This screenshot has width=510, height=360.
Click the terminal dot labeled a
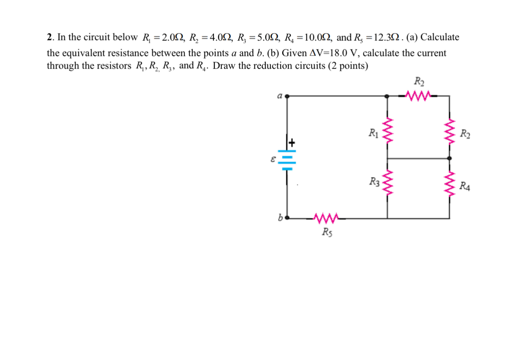(287, 96)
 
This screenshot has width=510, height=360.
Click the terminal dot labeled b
(287, 218)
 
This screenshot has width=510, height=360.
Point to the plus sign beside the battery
(292, 143)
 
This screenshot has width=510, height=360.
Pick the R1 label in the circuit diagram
(373, 132)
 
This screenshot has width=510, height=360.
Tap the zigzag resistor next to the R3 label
(387, 185)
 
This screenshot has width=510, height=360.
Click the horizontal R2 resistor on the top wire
(418, 96)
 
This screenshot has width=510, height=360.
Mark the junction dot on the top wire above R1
(387, 96)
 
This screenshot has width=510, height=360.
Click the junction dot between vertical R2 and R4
(450, 158)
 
